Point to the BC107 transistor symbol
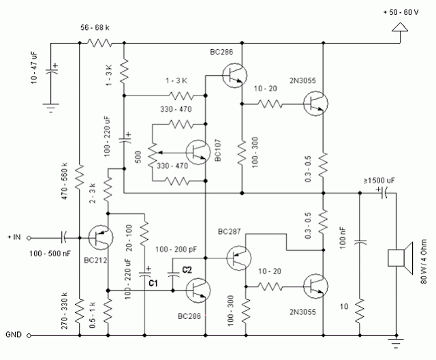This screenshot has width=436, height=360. [198, 153]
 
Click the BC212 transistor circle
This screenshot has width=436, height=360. [101, 237]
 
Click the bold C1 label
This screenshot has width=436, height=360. [153, 282]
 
